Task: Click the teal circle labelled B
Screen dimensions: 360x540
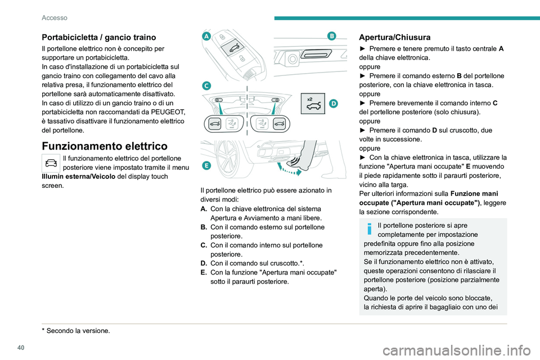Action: [x=331, y=36]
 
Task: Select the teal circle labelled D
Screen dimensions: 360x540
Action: [x=333, y=103]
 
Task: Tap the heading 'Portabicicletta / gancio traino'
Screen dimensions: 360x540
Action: [x=99, y=37]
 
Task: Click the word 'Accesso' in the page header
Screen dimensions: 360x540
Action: [x=55, y=18]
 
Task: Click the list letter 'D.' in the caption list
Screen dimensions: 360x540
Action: [x=205, y=263]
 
